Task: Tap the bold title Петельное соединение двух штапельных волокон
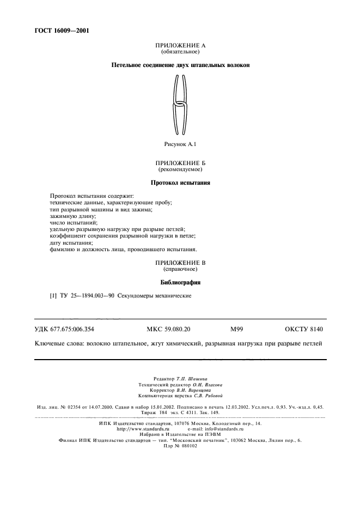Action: click(x=180, y=65)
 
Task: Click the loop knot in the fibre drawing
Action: click(x=180, y=104)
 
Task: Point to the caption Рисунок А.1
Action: click(x=180, y=144)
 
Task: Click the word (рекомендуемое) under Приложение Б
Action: click(x=180, y=169)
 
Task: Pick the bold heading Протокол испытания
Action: click(x=180, y=183)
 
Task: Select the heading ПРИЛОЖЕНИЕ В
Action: click(x=180, y=263)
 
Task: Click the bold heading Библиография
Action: click(x=180, y=282)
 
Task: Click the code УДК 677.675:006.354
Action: click(x=68, y=329)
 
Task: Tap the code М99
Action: click(x=236, y=329)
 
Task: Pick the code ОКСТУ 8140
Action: click(x=304, y=329)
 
